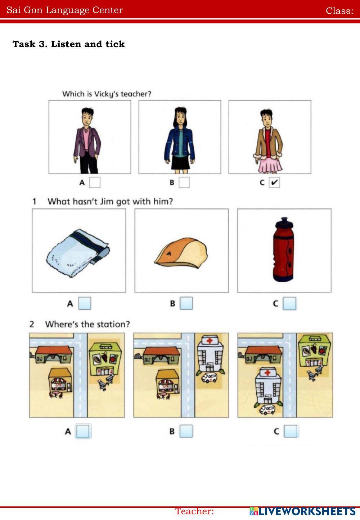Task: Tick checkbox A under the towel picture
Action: (85, 303)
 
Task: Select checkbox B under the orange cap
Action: (186, 303)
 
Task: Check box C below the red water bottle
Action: (290, 304)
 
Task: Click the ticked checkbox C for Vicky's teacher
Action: (274, 183)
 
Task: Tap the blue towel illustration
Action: (78, 253)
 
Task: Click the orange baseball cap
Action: (181, 253)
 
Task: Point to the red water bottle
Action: (284, 250)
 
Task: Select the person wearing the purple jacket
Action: (87, 140)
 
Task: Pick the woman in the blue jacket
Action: (180, 140)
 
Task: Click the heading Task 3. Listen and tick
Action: (69, 44)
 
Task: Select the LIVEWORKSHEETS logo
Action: (302, 511)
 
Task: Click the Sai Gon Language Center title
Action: (64, 10)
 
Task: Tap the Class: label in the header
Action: (339, 11)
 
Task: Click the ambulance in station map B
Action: (209, 377)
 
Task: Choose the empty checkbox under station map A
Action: (83, 431)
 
